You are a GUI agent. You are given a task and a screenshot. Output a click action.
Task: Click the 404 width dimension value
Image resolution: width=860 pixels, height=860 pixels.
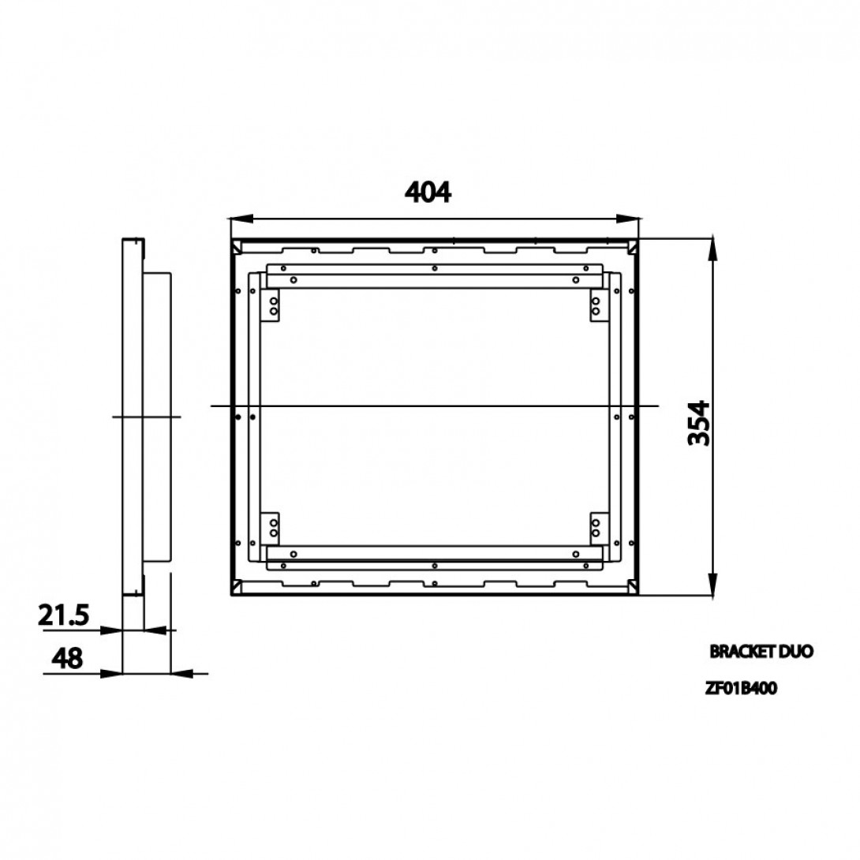428,192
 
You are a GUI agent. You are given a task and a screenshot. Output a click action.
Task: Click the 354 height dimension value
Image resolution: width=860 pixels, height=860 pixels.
699,423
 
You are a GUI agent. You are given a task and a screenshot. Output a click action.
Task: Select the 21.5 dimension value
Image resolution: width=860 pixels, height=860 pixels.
64,615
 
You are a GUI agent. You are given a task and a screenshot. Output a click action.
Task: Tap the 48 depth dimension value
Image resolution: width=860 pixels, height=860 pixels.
67,657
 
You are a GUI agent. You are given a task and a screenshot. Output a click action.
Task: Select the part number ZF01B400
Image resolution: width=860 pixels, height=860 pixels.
741,688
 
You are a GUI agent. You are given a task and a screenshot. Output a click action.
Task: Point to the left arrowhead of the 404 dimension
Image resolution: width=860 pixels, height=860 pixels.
242,219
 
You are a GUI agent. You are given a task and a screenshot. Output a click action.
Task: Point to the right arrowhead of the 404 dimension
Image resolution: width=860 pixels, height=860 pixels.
627,219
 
